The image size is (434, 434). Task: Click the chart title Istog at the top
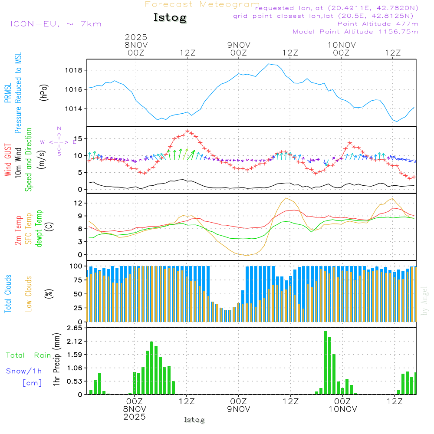(x=170, y=18)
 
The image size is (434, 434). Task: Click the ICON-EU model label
(x=56, y=24)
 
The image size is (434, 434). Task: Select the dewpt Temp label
(x=39, y=229)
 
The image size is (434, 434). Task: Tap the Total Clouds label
(x=8, y=293)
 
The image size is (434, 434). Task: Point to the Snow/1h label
(x=24, y=371)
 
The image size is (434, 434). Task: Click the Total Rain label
(x=28, y=355)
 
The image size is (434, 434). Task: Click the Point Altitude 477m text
(x=378, y=24)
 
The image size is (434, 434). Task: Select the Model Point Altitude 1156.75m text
(x=355, y=32)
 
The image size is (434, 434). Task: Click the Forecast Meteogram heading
(x=202, y=4)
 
